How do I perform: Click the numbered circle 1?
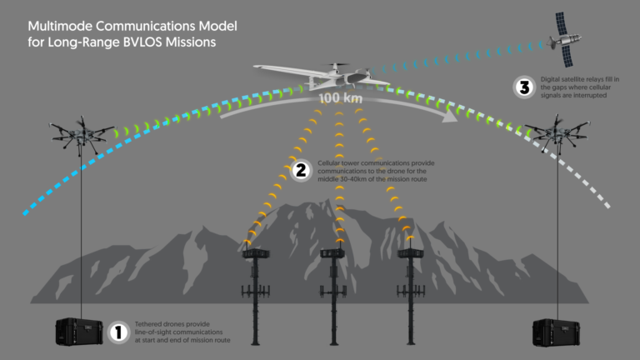click(x=118, y=332)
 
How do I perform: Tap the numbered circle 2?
click(x=301, y=171)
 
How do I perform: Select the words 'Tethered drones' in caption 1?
click(x=159, y=322)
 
